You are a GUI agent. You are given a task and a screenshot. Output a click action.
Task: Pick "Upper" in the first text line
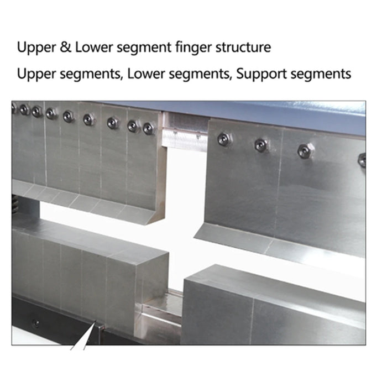pyautogui.click(x=33, y=47)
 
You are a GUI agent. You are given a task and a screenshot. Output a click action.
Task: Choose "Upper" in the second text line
pyautogui.click(x=33, y=74)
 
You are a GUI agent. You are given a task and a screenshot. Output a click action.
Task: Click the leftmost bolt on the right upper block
pyautogui.click(x=223, y=139)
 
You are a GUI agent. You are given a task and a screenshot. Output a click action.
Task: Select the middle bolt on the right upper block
pyautogui.click(x=261, y=145)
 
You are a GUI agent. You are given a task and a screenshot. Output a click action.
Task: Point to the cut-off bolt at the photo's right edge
pyautogui.click(x=362, y=160)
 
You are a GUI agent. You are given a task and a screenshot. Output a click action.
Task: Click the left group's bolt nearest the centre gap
pyautogui.click(x=148, y=128)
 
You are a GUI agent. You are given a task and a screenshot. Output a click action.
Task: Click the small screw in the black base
pyautogui.click(x=35, y=323)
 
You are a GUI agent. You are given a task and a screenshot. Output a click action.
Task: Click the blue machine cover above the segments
pyautogui.click(x=265, y=109)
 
